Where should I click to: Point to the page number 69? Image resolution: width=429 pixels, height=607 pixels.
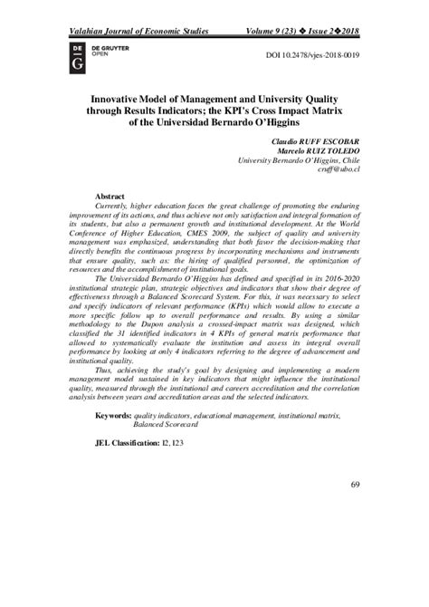pos(355,536)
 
